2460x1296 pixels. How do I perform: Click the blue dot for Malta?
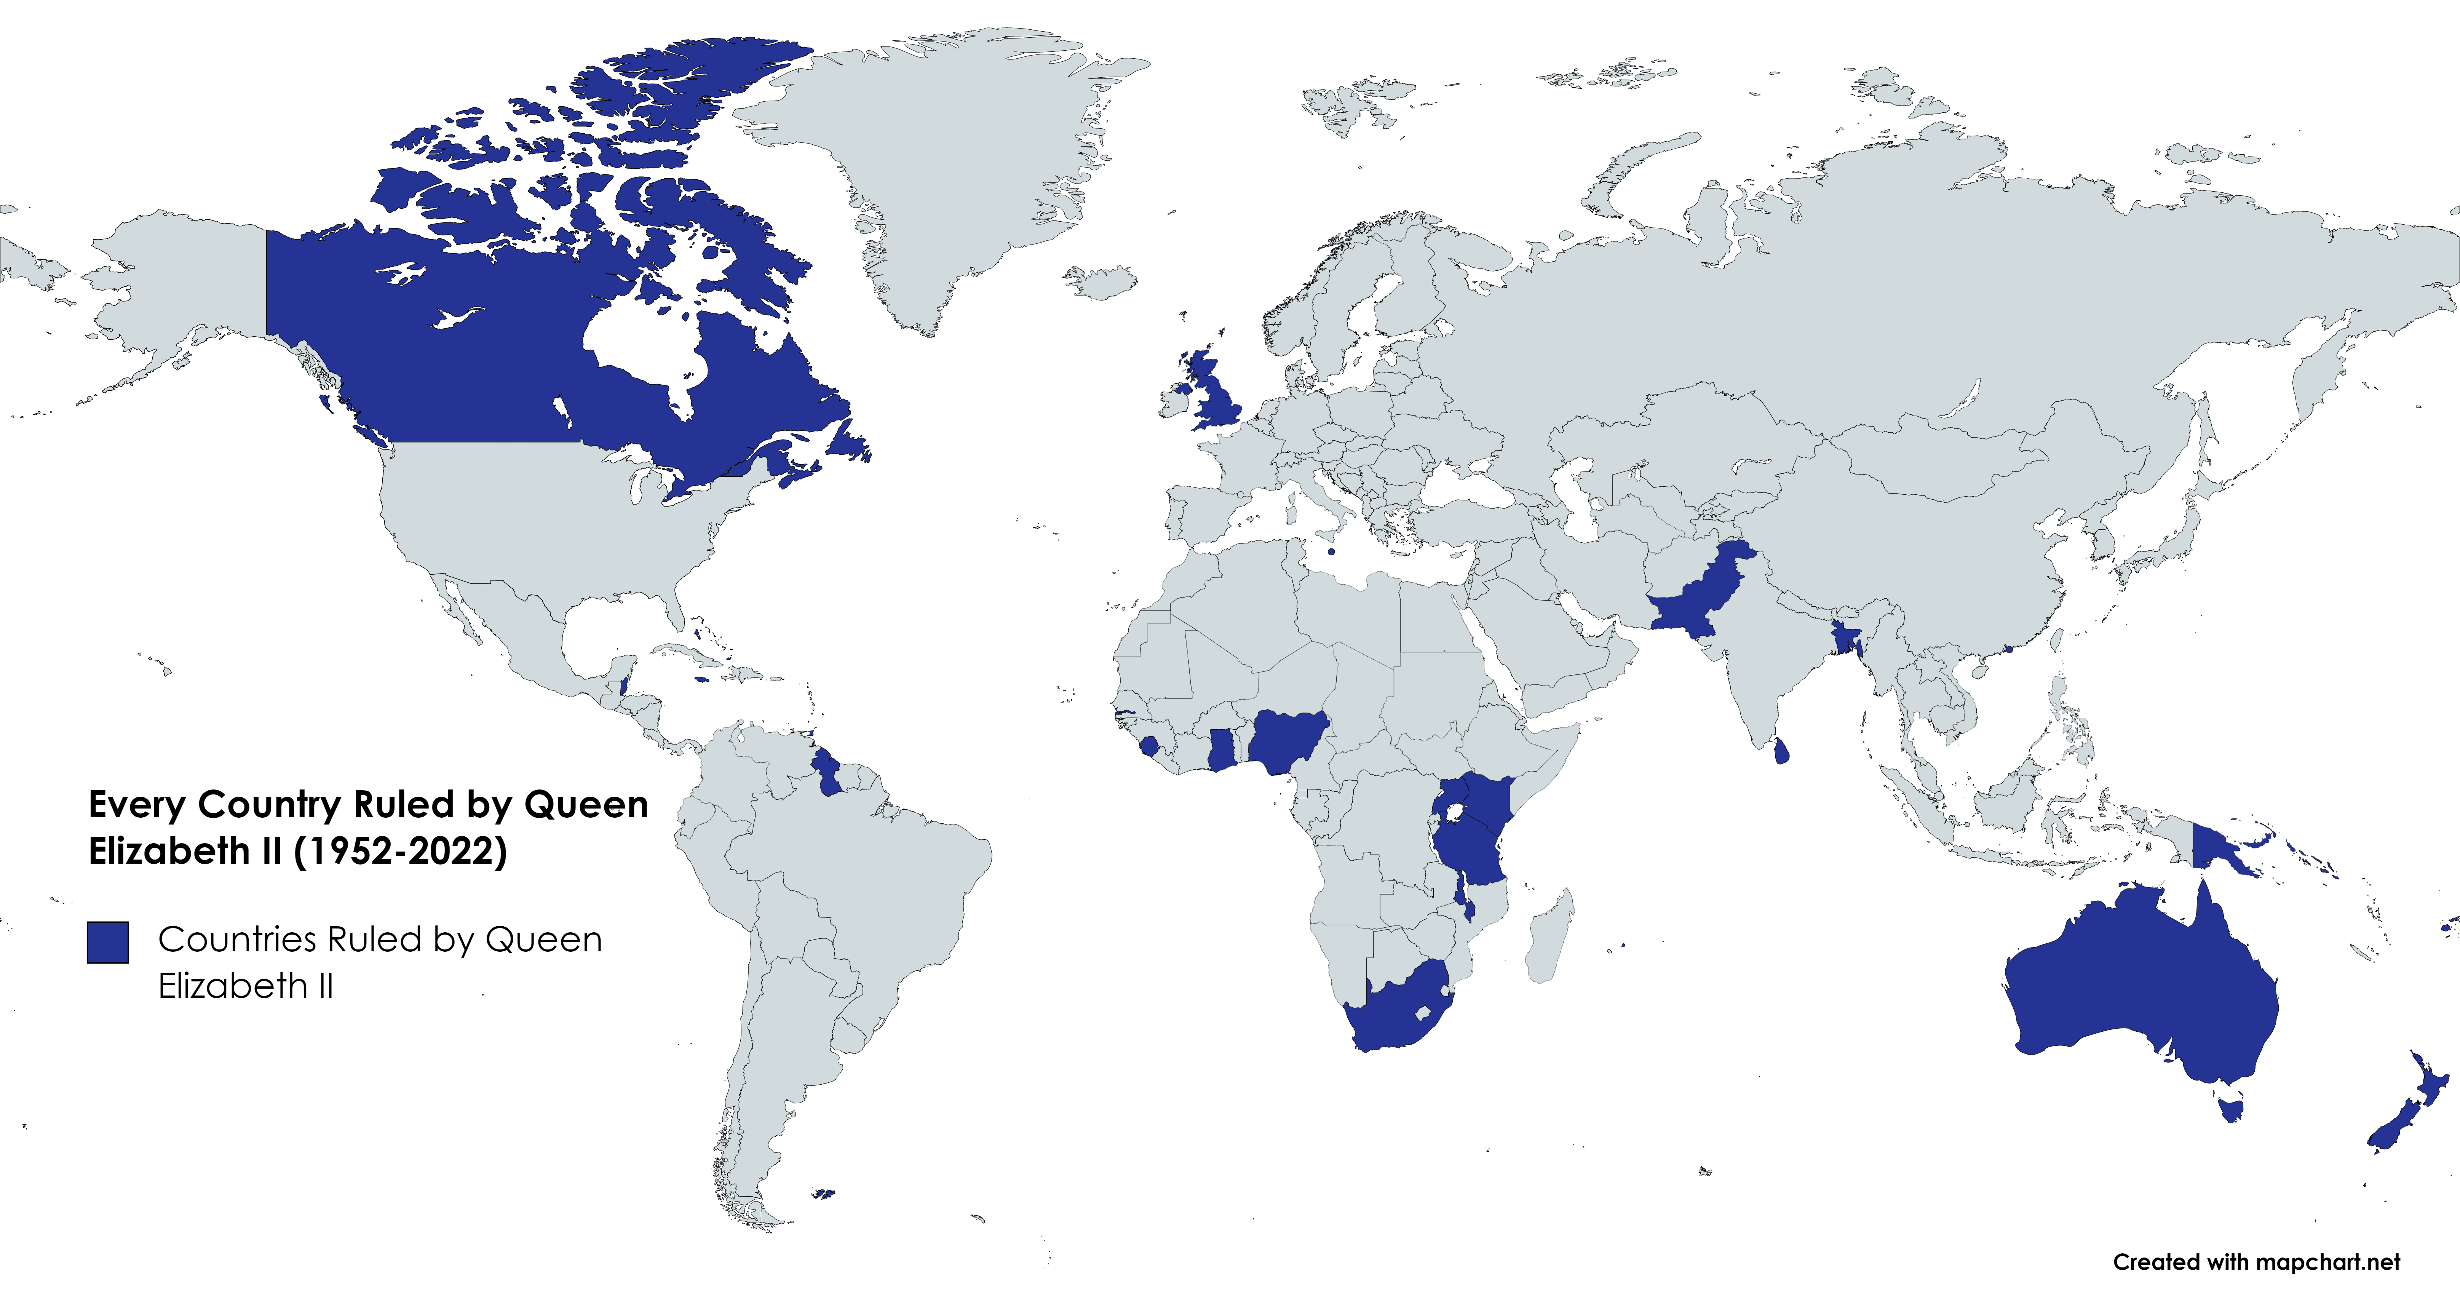click(x=1331, y=551)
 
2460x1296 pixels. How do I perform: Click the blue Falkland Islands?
click(x=822, y=1194)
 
